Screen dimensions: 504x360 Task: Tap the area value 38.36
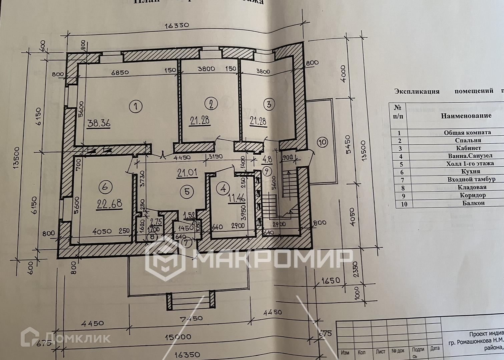pos(99,123)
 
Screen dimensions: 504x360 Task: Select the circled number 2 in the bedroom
pos(211,104)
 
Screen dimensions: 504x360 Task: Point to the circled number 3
pos(269,104)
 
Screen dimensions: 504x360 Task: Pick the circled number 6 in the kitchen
pos(105,187)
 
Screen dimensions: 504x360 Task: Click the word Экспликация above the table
pos(417,91)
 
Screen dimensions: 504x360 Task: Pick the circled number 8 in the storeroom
pos(152,236)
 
